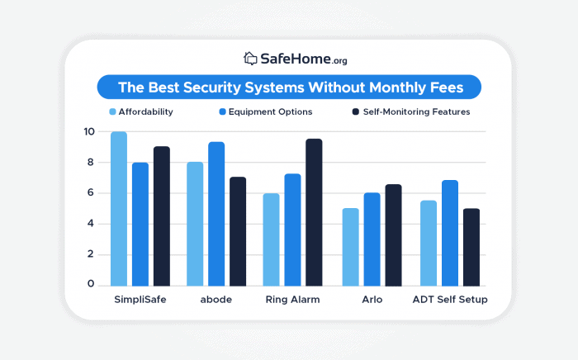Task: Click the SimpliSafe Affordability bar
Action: [119, 209]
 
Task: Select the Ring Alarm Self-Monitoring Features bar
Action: [314, 212]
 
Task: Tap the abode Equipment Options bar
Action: [216, 214]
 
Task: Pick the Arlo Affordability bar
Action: [351, 247]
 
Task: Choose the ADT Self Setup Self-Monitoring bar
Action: [471, 247]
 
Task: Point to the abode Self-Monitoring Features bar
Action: [238, 231]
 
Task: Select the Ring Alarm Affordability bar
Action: [271, 239]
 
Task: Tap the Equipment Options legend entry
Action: [265, 111]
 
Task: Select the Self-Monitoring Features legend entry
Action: [411, 111]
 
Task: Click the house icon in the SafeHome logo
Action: [251, 59]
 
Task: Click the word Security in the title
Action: [223, 87]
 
